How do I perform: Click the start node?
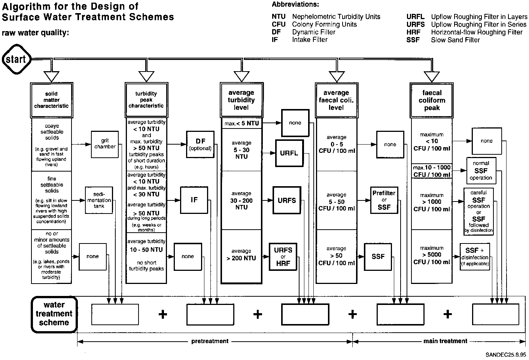click(x=16, y=59)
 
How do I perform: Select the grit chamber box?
click(x=105, y=144)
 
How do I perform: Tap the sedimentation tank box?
click(x=99, y=200)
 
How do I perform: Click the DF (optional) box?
click(x=200, y=144)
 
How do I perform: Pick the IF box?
click(x=194, y=200)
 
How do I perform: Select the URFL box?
click(x=289, y=153)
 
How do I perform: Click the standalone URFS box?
click(x=287, y=200)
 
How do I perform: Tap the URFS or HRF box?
click(x=283, y=257)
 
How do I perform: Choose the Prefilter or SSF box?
click(x=384, y=200)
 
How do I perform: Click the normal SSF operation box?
click(x=481, y=170)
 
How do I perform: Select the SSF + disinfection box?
click(x=475, y=257)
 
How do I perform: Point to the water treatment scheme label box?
click(x=54, y=314)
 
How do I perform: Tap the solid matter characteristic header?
click(x=52, y=100)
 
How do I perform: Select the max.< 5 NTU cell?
click(x=241, y=123)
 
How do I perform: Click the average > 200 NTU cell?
click(x=241, y=255)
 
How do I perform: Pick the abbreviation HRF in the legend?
click(x=413, y=32)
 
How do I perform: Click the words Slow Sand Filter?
click(x=455, y=40)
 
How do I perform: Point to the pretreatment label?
click(x=210, y=341)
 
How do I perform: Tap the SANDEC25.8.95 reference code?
click(x=506, y=354)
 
